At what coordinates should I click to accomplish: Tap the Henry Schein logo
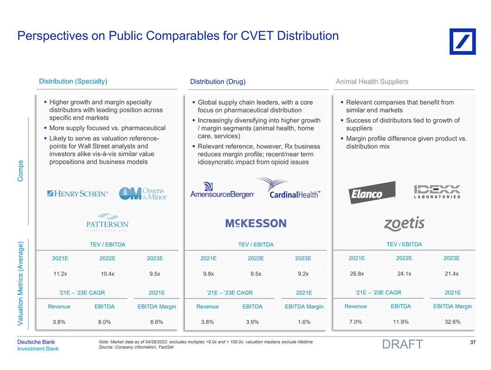[78, 193]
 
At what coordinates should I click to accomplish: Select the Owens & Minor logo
[143, 194]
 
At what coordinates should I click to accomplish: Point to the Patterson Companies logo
[107, 223]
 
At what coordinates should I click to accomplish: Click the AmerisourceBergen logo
[223, 191]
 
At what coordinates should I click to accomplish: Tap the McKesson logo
[256, 224]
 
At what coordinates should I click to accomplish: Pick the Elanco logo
[373, 192]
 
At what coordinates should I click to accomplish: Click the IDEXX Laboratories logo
[437, 192]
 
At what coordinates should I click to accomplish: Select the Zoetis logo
[404, 224]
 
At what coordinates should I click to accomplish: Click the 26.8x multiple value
[356, 273]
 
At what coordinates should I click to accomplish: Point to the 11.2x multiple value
[60, 274]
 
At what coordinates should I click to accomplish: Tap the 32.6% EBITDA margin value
[452, 322]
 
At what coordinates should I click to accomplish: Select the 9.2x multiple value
[303, 274]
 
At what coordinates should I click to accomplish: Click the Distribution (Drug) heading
[218, 82]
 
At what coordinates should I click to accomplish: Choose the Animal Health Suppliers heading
[372, 82]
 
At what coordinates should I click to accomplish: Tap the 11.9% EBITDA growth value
[400, 322]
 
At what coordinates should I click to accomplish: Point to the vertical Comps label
[20, 171]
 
